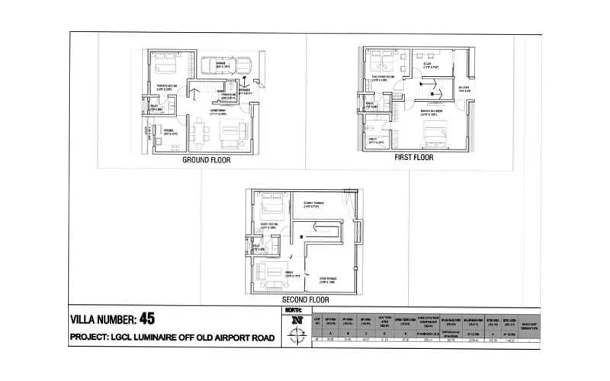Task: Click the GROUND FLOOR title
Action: tap(206, 161)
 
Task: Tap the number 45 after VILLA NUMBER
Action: tap(147, 318)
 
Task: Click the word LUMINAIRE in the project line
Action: tap(152, 336)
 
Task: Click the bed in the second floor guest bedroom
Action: tap(273, 206)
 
